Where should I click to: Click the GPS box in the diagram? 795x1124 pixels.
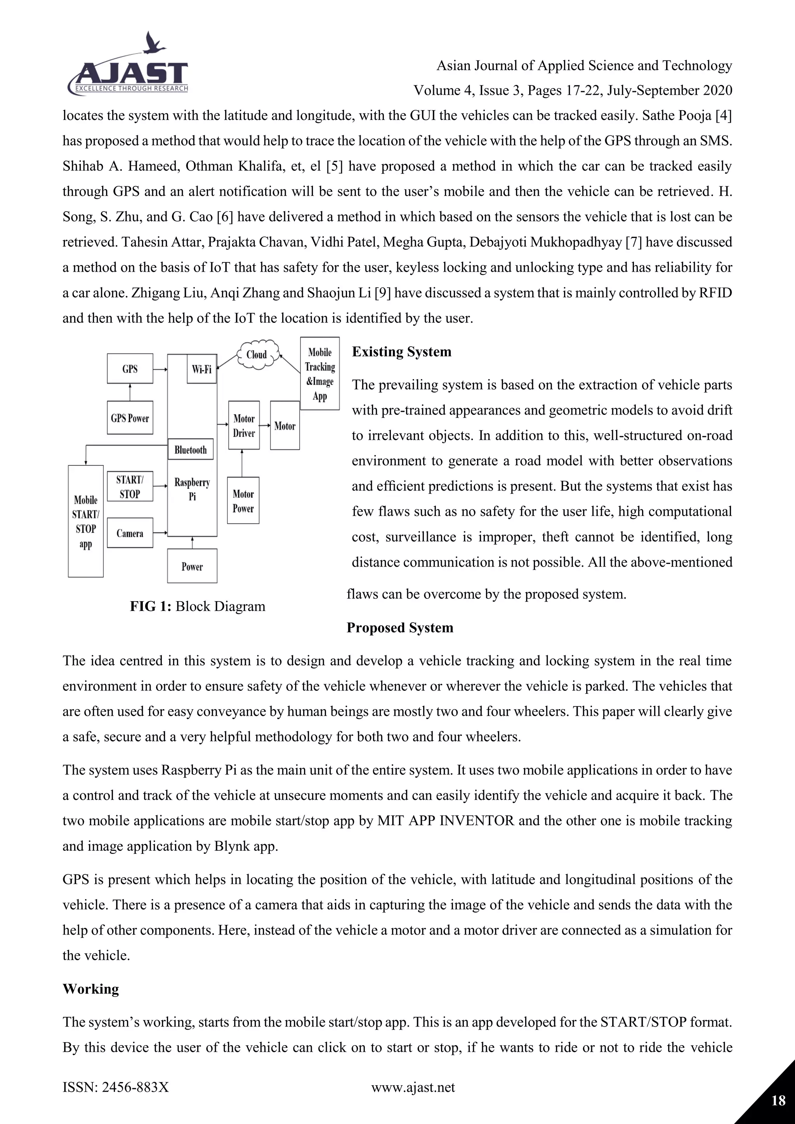[130, 369]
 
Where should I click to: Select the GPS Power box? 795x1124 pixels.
[130, 418]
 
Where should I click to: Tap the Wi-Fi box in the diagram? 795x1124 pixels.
[202, 369]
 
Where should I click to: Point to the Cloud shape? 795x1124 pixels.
[257, 354]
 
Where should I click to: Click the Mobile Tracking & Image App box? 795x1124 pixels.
[319, 373]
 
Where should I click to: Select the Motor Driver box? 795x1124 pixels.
[244, 425]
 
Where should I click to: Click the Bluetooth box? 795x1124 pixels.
[191, 449]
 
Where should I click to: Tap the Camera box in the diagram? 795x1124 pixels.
[130, 533]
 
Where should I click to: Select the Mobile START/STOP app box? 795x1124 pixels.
[86, 521]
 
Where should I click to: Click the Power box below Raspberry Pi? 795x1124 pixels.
[192, 566]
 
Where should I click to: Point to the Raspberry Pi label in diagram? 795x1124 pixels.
[192, 489]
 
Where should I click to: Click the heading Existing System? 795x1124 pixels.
[401, 352]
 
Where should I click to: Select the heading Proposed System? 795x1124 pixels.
[399, 628]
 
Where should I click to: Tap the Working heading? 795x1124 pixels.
[90, 989]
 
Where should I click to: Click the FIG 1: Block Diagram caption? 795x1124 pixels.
[197, 606]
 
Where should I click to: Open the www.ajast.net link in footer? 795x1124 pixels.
[413, 1087]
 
